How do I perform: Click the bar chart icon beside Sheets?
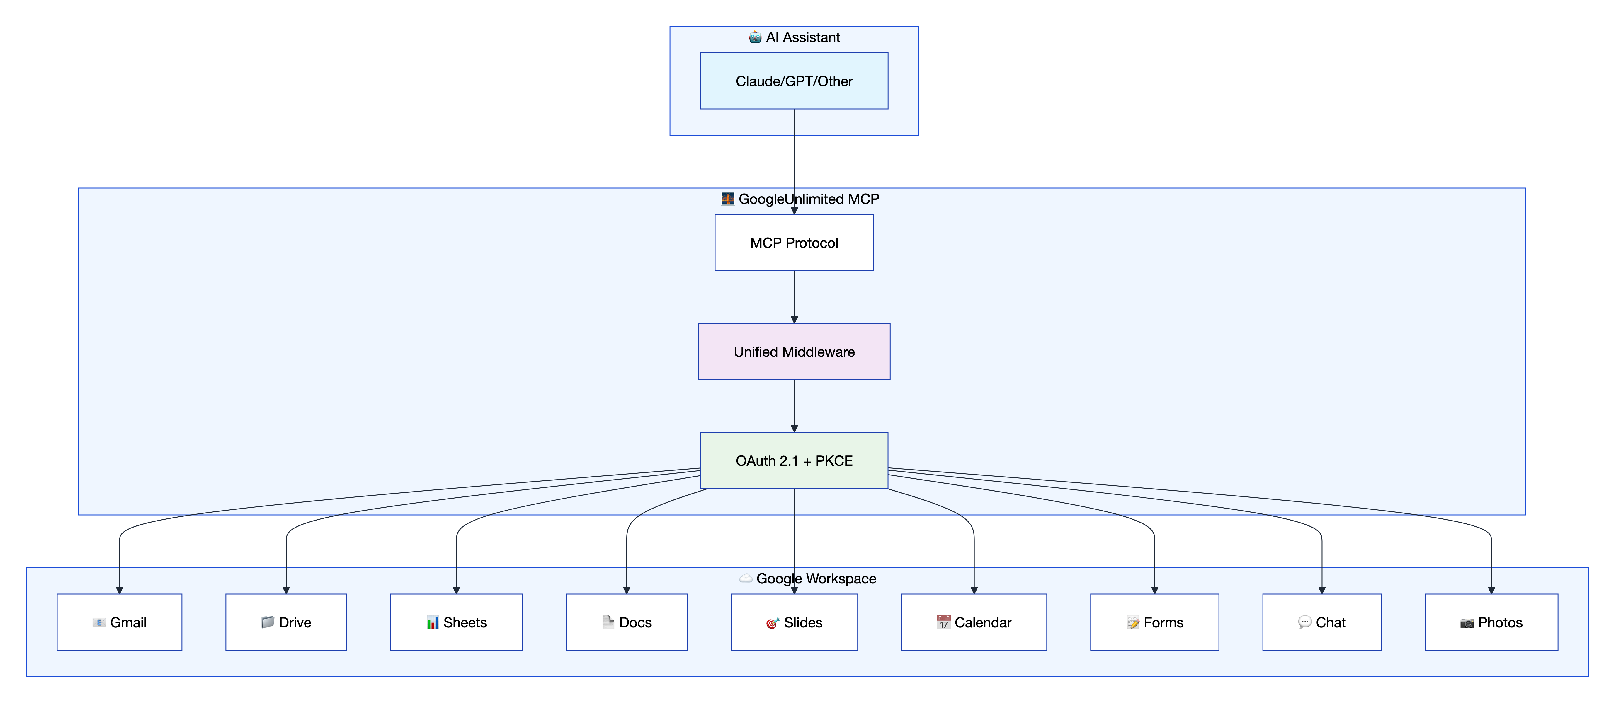pyautogui.click(x=432, y=623)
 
